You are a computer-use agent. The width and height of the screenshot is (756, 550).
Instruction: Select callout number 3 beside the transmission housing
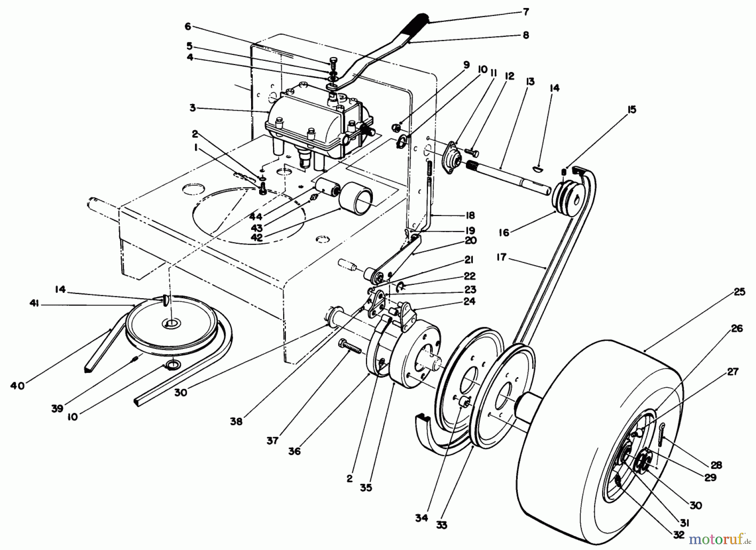click(193, 108)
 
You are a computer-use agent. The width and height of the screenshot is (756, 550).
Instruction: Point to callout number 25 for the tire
click(740, 291)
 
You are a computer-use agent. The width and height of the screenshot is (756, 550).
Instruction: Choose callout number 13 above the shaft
click(530, 81)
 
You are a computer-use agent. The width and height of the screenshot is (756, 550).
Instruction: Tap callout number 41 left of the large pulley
click(34, 304)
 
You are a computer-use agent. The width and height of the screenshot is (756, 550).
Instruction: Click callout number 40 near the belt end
click(17, 385)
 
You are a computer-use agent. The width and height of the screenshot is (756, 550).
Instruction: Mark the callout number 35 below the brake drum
click(366, 488)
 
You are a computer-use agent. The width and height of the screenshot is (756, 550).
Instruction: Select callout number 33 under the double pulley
click(441, 525)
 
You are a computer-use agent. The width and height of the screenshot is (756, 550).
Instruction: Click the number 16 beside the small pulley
click(504, 232)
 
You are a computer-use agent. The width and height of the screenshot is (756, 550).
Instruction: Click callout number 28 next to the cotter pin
click(716, 465)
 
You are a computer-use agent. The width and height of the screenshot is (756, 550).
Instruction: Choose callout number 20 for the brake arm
click(471, 241)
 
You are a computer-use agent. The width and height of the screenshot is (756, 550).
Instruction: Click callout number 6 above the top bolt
click(188, 26)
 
